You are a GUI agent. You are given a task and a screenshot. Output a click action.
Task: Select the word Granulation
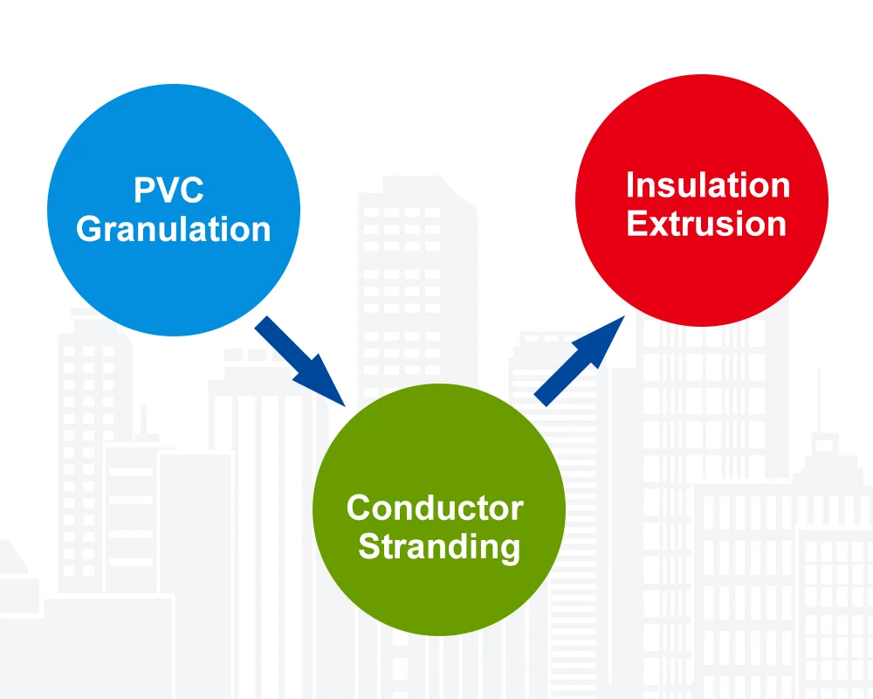tap(173, 230)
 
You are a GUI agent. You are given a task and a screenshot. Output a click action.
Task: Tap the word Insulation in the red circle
tap(707, 185)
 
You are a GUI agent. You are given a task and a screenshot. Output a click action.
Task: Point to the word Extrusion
tap(706, 224)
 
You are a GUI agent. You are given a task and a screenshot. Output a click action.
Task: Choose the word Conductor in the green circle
tap(435, 508)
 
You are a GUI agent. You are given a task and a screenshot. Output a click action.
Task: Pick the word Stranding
tap(439, 547)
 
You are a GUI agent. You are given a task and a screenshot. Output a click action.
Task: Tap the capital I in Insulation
tap(630, 185)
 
